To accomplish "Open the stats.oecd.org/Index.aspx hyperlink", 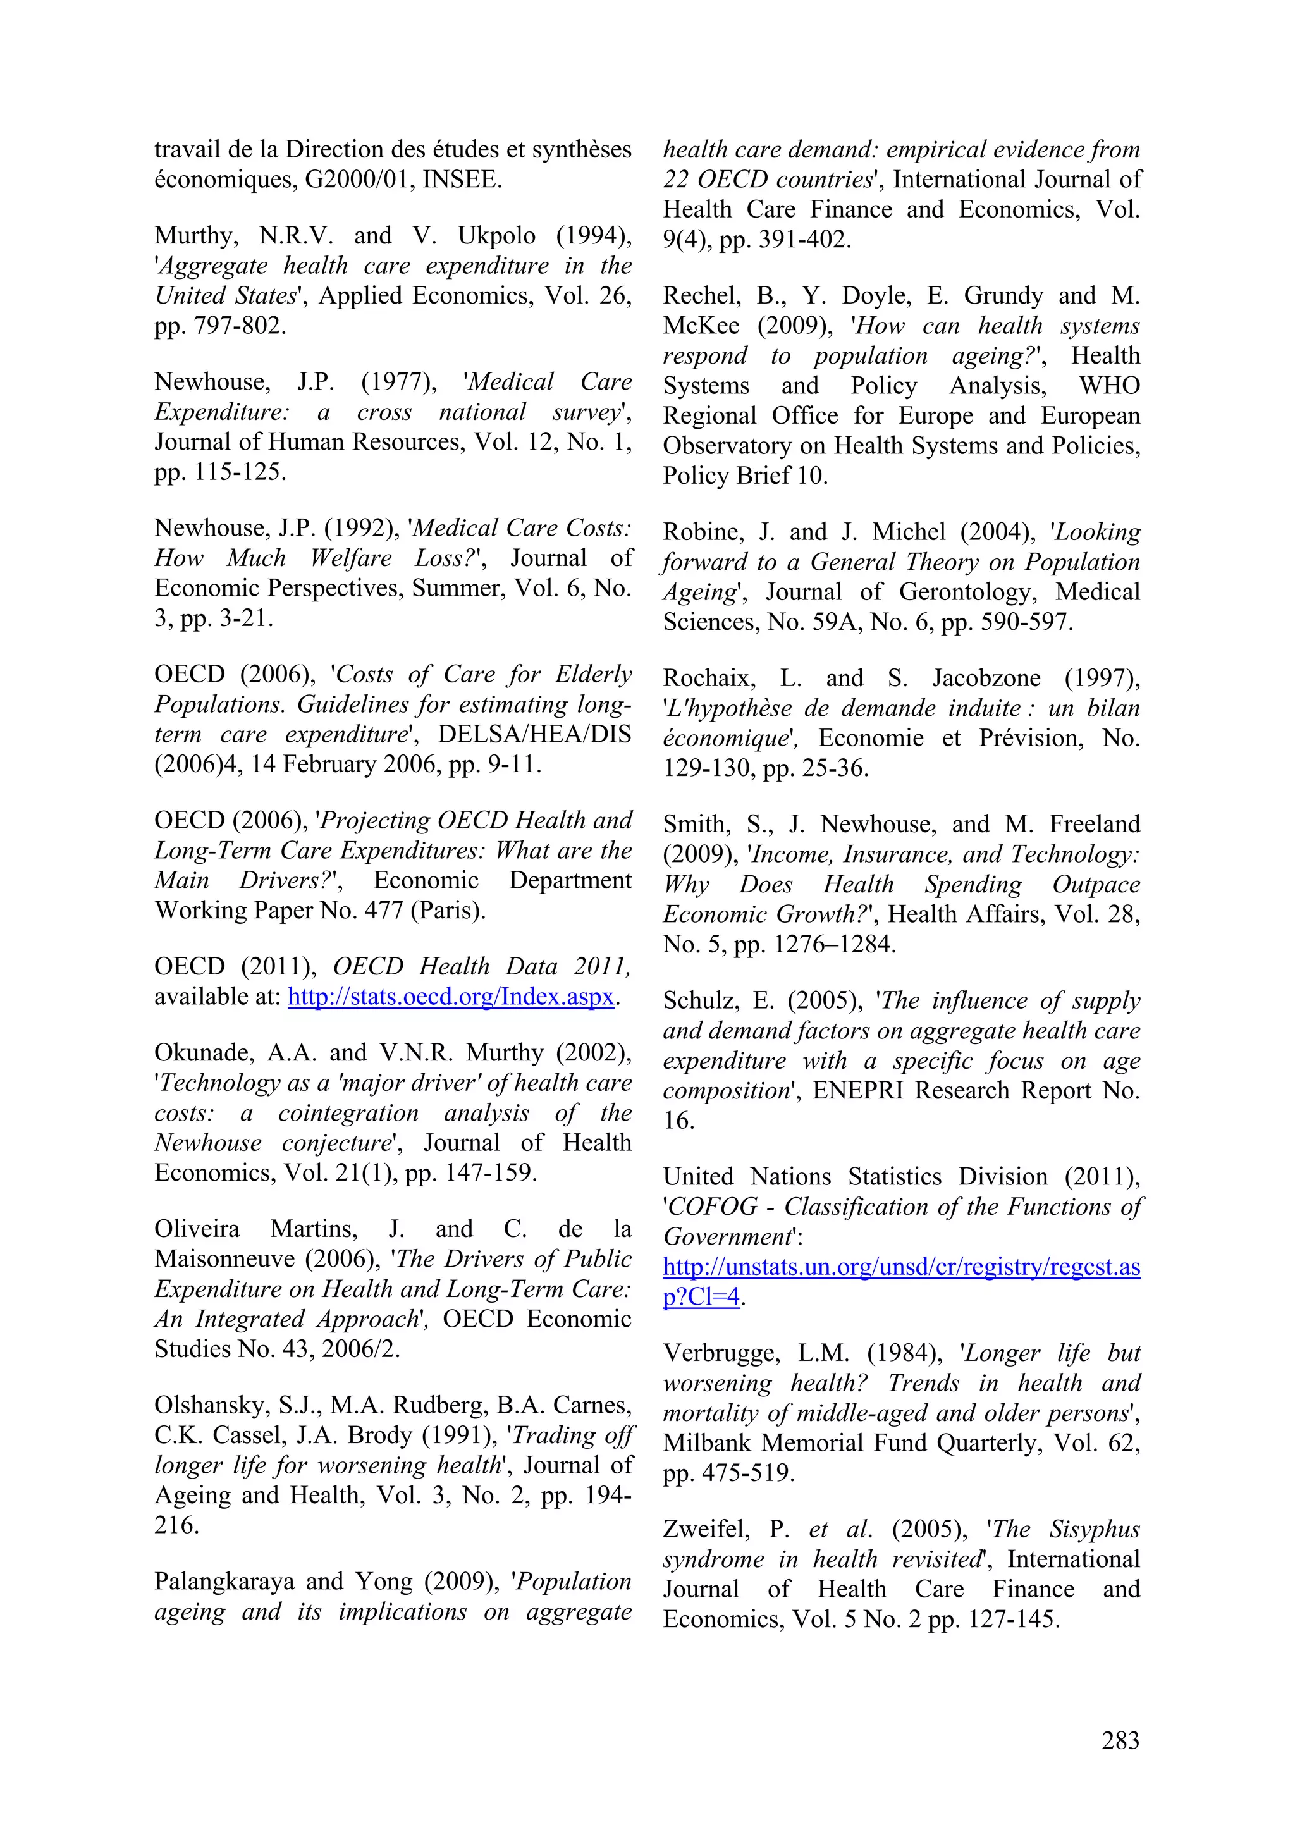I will click(x=451, y=997).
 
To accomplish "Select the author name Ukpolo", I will click(x=496, y=235).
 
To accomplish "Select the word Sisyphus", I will click(x=1094, y=1530).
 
